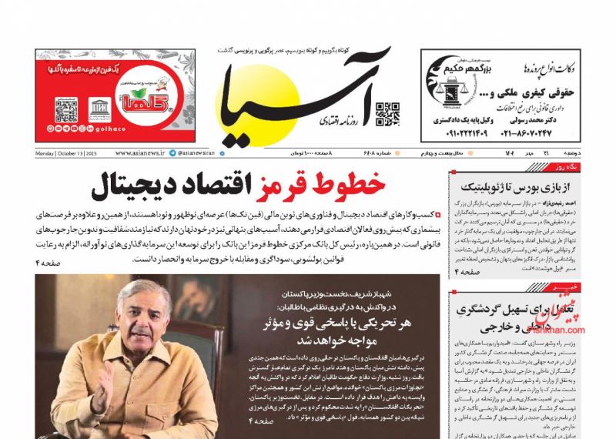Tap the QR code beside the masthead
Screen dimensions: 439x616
coord(387,113)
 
